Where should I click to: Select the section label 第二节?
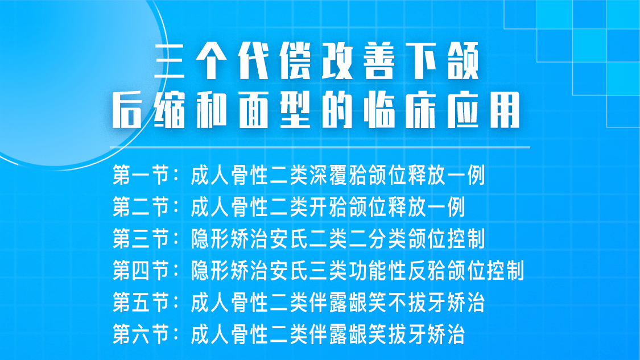pyautogui.click(x=142, y=208)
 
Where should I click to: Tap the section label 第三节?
pyautogui.click(x=142, y=239)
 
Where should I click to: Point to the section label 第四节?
pyautogui.click(x=142, y=271)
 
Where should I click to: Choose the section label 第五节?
pyautogui.click(x=142, y=303)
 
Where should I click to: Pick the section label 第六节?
pyautogui.click(x=142, y=334)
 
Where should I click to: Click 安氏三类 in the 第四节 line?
pyautogui.click(x=309, y=271)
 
